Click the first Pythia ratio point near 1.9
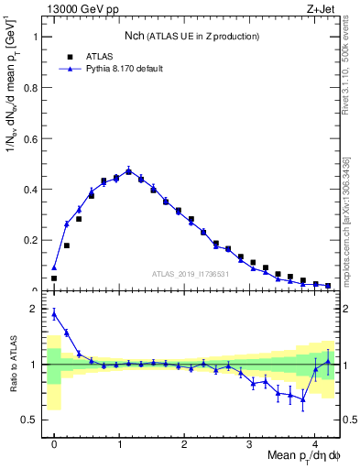[54, 314]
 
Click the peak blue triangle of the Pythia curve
[129, 169]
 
